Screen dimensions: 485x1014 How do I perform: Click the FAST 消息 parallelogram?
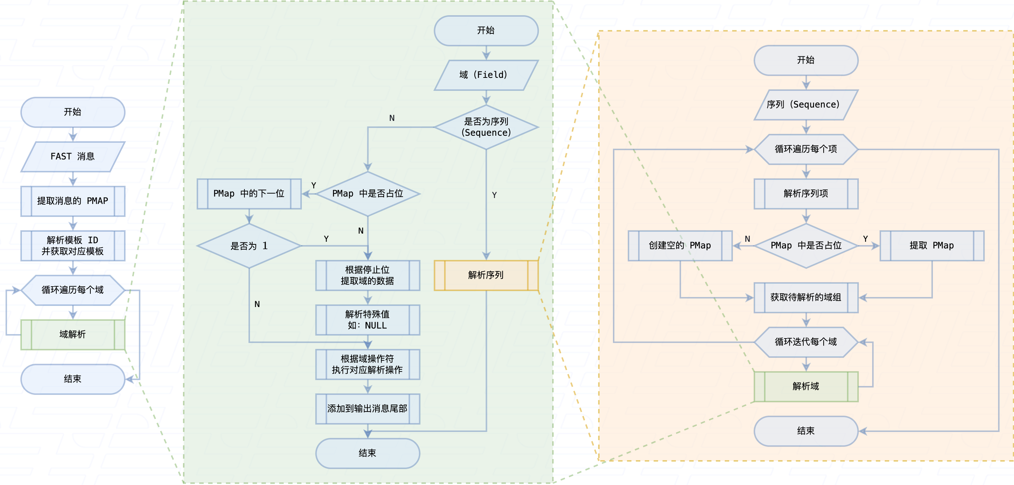pos(73,156)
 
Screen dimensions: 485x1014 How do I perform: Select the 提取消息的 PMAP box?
pos(73,201)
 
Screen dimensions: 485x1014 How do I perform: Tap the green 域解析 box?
pos(73,334)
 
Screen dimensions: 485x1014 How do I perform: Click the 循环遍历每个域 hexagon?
pos(73,290)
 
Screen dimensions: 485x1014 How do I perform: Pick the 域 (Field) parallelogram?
pos(486,75)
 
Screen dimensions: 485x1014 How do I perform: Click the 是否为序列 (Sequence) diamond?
pos(486,127)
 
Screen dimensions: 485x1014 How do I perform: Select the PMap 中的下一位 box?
pos(249,194)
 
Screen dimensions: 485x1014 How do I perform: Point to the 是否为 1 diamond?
pos(249,246)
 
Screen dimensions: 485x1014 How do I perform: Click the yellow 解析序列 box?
pos(486,275)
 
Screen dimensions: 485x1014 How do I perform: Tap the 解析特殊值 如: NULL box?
pos(367,320)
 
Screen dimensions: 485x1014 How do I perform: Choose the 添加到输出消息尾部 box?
pos(367,409)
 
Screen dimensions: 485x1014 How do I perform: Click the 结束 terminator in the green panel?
pos(367,453)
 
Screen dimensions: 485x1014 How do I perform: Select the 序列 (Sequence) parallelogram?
pos(805,105)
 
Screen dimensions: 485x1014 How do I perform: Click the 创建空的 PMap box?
pos(680,245)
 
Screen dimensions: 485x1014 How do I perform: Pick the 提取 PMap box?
pos(931,245)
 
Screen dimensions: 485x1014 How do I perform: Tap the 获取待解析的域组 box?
pos(805,297)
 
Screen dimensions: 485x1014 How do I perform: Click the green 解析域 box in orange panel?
pos(805,386)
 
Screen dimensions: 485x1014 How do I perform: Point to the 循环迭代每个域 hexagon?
pos(805,342)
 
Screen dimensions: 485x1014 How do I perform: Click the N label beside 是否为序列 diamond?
pos(392,118)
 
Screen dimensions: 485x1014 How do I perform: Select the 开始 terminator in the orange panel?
pos(805,60)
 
